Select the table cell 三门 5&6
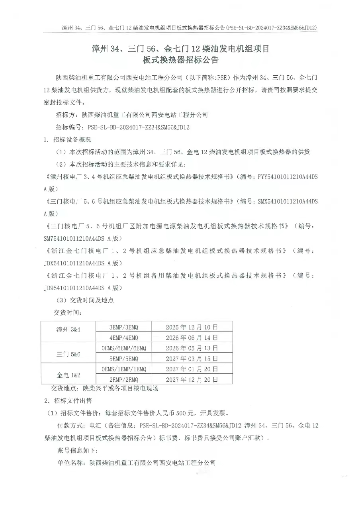68,353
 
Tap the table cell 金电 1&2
68,375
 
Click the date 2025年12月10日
192,327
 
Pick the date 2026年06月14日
192,337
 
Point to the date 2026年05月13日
192,348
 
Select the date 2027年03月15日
192,359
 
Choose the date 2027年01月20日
192,369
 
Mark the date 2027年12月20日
192,380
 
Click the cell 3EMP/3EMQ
123,327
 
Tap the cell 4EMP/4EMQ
123,337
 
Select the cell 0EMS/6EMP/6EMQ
123,348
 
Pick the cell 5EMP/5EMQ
123,359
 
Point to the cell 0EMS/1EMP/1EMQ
123,369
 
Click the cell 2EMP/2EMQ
123,380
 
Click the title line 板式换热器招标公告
181,61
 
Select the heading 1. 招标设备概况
67,140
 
